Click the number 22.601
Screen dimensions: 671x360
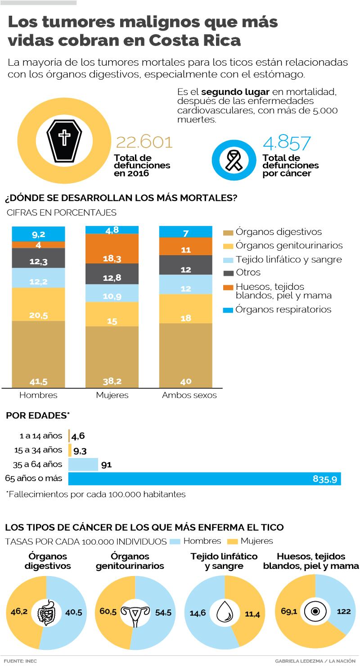144,142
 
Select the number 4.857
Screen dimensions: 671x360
287,143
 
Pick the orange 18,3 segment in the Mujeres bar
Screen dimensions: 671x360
112,248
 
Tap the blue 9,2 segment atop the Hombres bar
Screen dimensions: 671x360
39,234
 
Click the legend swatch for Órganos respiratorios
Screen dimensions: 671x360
228,310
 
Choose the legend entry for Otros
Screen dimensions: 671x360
247,272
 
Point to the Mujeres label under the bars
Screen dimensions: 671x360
112,395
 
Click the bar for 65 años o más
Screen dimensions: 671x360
204,478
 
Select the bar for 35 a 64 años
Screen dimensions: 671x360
83,464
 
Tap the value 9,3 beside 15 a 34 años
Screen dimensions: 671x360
80,450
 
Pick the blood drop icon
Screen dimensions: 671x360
224,612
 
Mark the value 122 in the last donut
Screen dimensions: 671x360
343,612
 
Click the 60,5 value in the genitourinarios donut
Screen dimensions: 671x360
108,612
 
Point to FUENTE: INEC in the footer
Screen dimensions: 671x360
20,661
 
